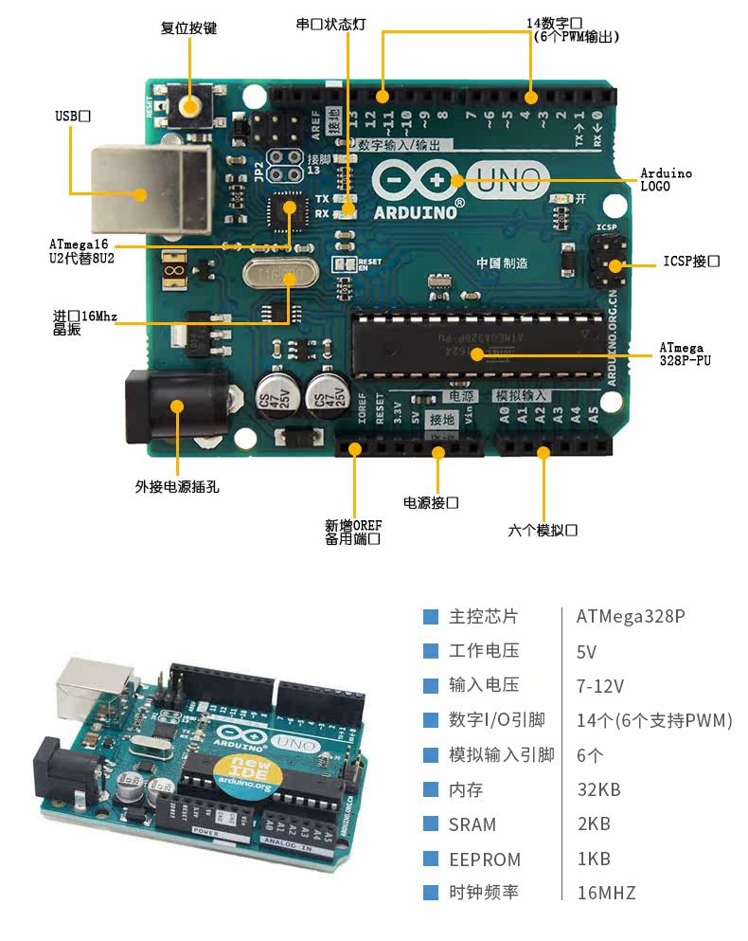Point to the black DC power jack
[x=176, y=407]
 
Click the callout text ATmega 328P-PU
[x=682, y=354]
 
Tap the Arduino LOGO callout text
[x=666, y=180]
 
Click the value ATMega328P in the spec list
[x=630, y=617]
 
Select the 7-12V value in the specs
[x=600, y=686]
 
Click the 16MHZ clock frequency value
[x=606, y=893]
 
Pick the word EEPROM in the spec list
[x=485, y=860]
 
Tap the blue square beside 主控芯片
[x=431, y=617]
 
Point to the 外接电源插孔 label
[x=177, y=487]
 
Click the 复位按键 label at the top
[x=188, y=28]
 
